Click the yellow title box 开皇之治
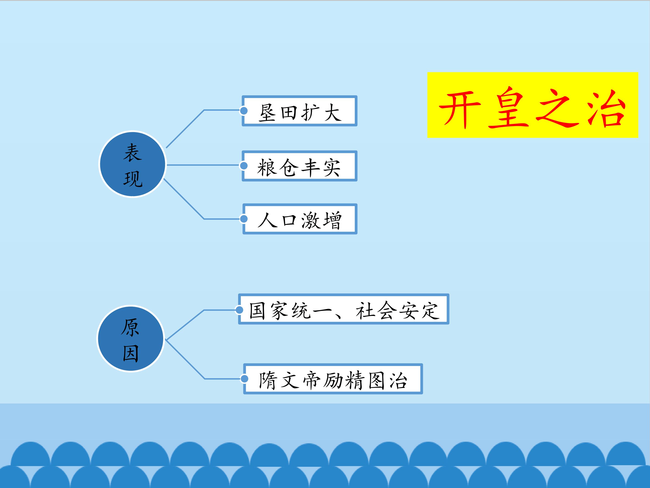pyautogui.click(x=532, y=105)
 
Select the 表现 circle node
pyautogui.click(x=132, y=164)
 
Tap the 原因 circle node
pyautogui.click(x=131, y=339)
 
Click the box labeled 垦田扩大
pyautogui.click(x=299, y=111)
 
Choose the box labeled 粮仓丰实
pyautogui.click(x=299, y=166)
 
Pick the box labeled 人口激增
pyautogui.click(x=300, y=219)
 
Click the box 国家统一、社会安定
pyautogui.click(x=344, y=309)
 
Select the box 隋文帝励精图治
pyautogui.click(x=333, y=379)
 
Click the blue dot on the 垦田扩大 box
pyautogui.click(x=244, y=111)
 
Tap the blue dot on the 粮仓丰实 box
pyautogui.click(x=244, y=166)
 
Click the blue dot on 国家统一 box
pyautogui.click(x=239, y=310)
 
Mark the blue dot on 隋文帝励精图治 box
pyautogui.click(x=244, y=379)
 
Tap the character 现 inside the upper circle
pyautogui.click(x=133, y=178)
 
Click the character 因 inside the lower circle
pyautogui.click(x=130, y=353)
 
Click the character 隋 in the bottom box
pyautogui.click(x=267, y=380)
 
